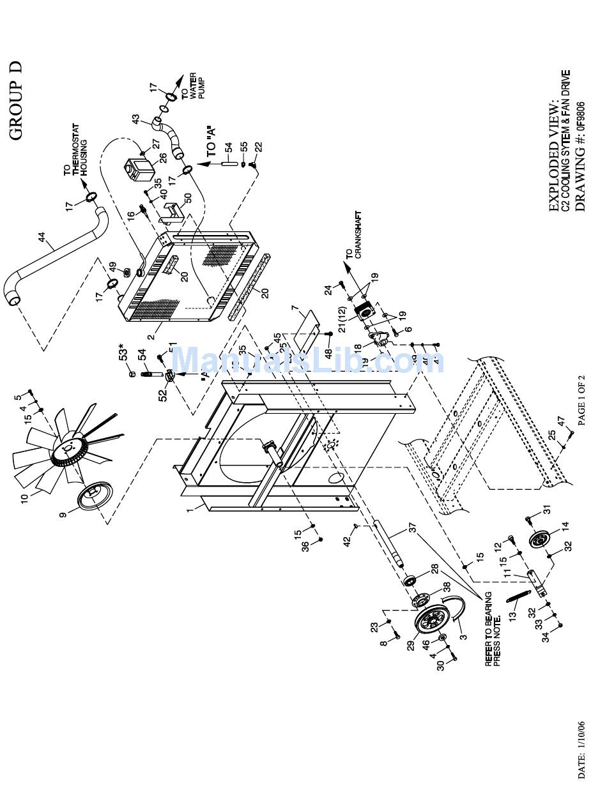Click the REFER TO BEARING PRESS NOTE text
[x=492, y=629]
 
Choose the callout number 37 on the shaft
[x=412, y=529]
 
